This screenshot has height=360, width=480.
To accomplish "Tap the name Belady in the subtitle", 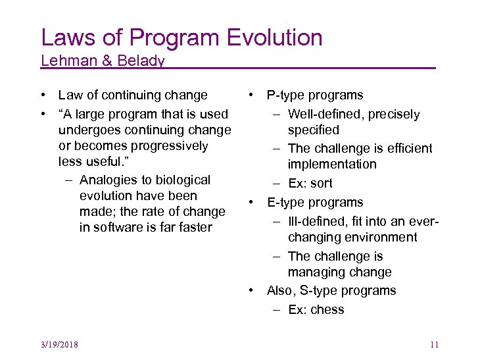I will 141,61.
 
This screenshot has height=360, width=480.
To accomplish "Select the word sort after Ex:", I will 321,184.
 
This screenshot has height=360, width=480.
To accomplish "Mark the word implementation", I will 332,165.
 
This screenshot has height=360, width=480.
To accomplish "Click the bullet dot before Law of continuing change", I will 42,96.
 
